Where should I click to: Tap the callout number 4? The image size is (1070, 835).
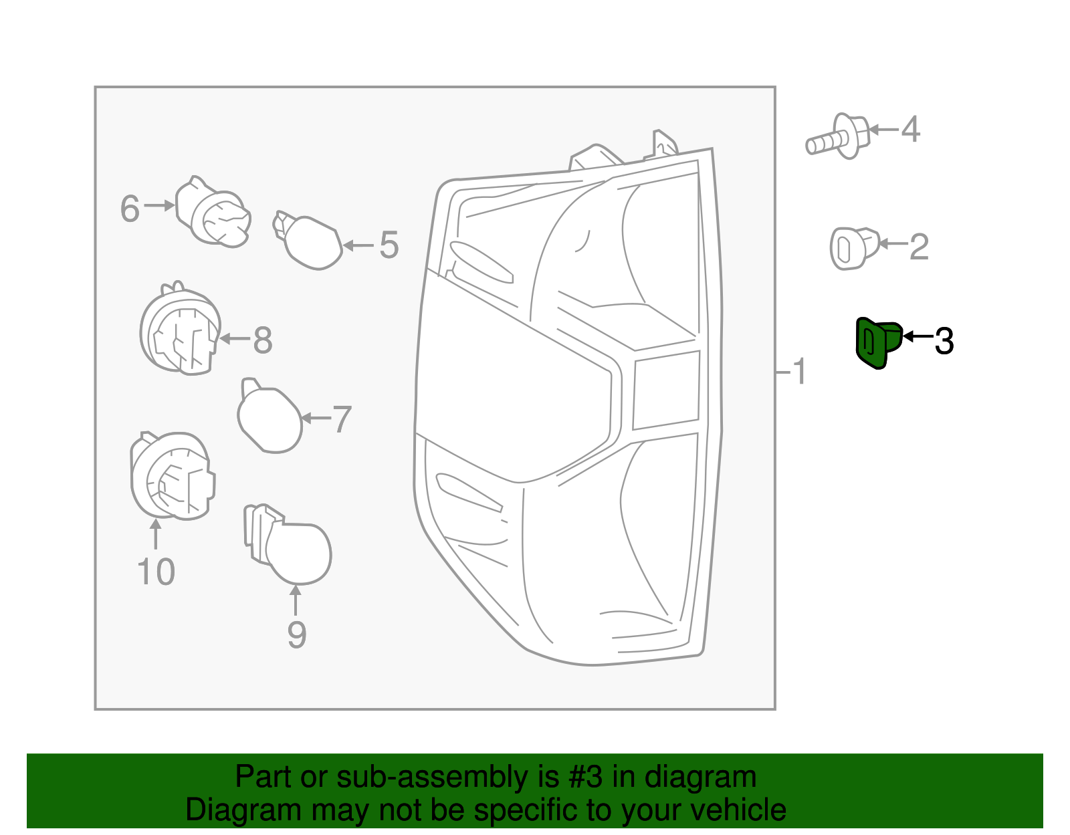tap(910, 129)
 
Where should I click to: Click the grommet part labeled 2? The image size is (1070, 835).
tap(852, 248)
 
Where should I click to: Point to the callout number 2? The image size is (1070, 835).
tap(919, 247)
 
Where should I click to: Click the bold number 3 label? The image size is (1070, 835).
tap(944, 341)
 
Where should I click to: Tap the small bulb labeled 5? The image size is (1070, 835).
tap(309, 241)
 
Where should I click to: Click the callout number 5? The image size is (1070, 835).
tap(389, 245)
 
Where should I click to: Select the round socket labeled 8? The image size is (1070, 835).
tap(179, 331)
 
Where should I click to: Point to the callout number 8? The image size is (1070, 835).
tap(262, 340)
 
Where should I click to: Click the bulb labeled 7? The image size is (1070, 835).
tap(269, 419)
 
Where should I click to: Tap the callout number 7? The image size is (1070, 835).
tap(342, 419)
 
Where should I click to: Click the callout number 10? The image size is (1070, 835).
tap(156, 572)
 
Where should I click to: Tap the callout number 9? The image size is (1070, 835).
tap(296, 634)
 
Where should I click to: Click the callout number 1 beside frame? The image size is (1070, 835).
tap(798, 372)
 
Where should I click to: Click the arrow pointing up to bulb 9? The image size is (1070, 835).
tap(296, 600)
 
